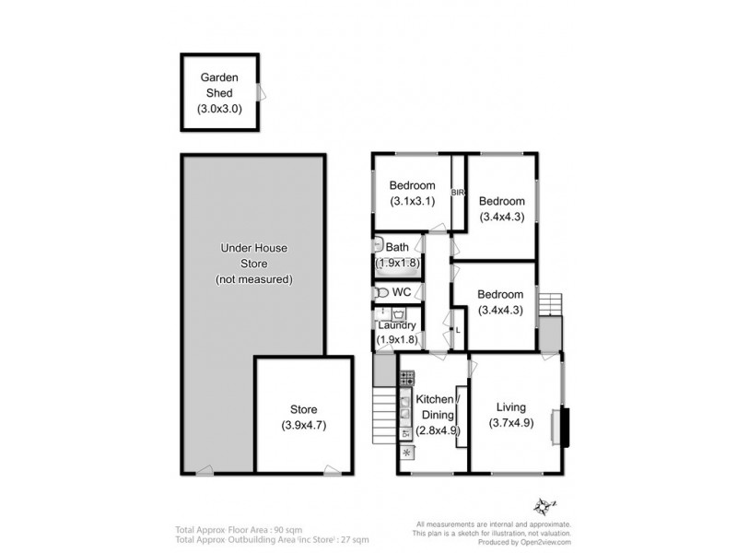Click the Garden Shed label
point(219,93)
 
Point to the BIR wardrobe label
point(457,193)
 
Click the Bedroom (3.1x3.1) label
point(411,194)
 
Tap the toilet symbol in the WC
point(381,292)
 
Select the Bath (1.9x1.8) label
point(397,254)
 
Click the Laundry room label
point(397,332)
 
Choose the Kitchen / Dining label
point(435,415)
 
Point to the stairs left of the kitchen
point(383,414)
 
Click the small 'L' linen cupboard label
point(458,329)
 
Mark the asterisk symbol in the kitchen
point(406,452)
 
